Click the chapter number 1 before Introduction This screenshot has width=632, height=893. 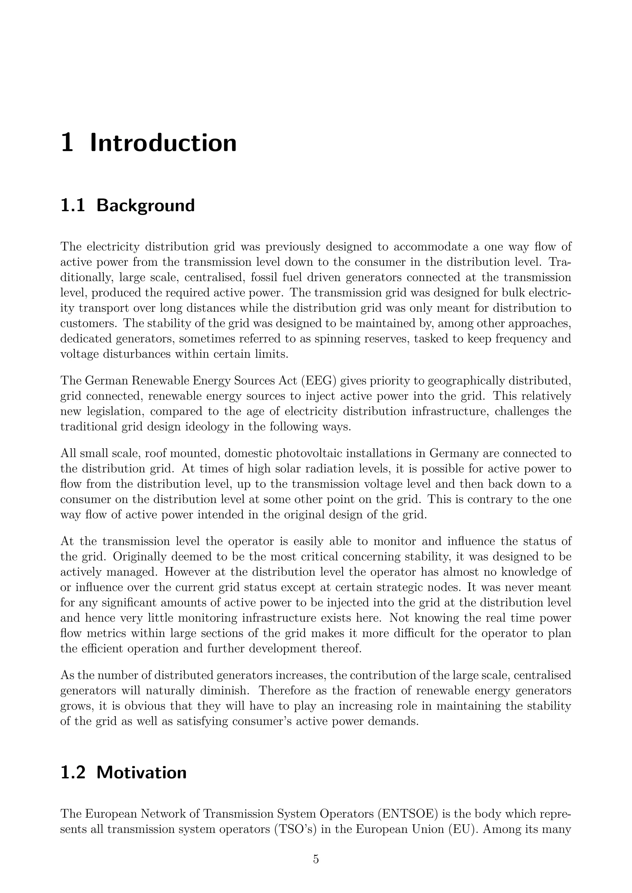pyautogui.click(x=67, y=143)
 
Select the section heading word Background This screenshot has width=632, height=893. pyautogui.click(x=146, y=205)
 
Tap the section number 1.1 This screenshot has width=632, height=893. pyautogui.click(x=73, y=205)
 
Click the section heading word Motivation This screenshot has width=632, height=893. pyautogui.click(x=142, y=762)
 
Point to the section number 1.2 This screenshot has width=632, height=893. pyautogui.click(x=73, y=762)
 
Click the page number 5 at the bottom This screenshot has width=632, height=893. pyautogui.click(x=316, y=859)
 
